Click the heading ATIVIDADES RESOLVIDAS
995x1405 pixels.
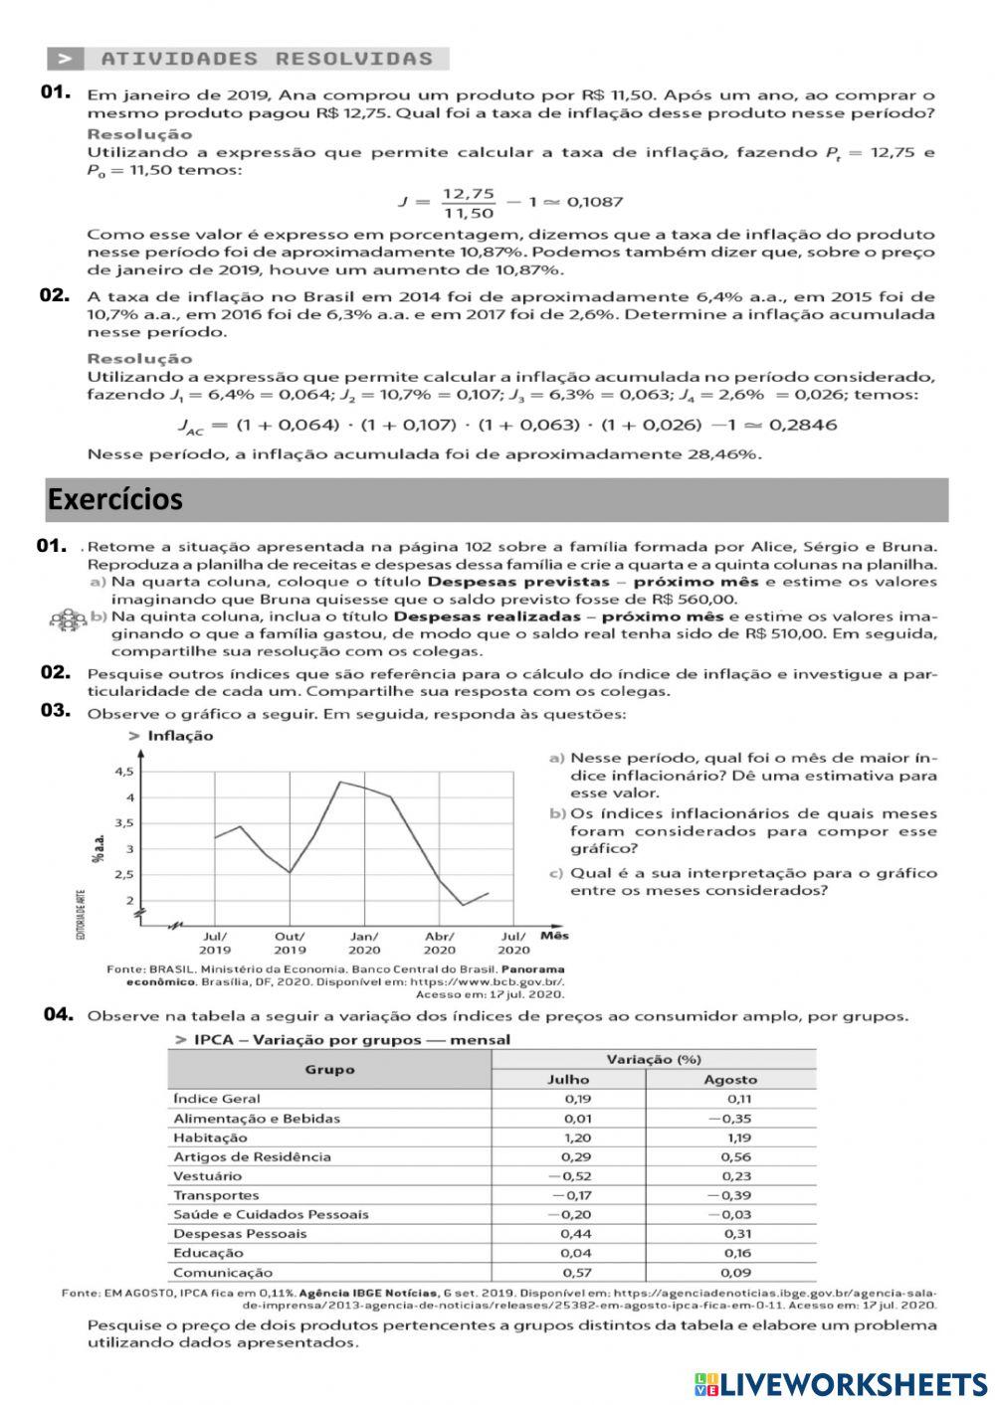point(267,59)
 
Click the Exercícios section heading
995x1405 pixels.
point(115,499)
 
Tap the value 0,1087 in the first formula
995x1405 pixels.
point(595,202)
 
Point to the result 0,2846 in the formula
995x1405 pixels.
point(804,425)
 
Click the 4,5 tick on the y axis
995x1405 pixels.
point(123,772)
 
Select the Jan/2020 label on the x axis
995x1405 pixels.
point(364,943)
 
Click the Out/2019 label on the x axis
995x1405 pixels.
point(290,943)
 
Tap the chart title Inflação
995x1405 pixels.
point(180,736)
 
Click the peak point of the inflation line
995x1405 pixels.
point(340,782)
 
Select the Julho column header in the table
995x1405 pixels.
point(568,1079)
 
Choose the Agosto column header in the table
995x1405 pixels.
point(730,1079)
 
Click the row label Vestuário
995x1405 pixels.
point(207,1175)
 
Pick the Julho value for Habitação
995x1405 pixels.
point(577,1138)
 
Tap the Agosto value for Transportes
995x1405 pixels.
point(729,1195)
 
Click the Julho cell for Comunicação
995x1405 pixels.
point(577,1272)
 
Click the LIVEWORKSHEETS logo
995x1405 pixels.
point(841,1382)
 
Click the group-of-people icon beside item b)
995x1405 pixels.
point(69,619)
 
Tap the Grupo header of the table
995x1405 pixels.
point(329,1069)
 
